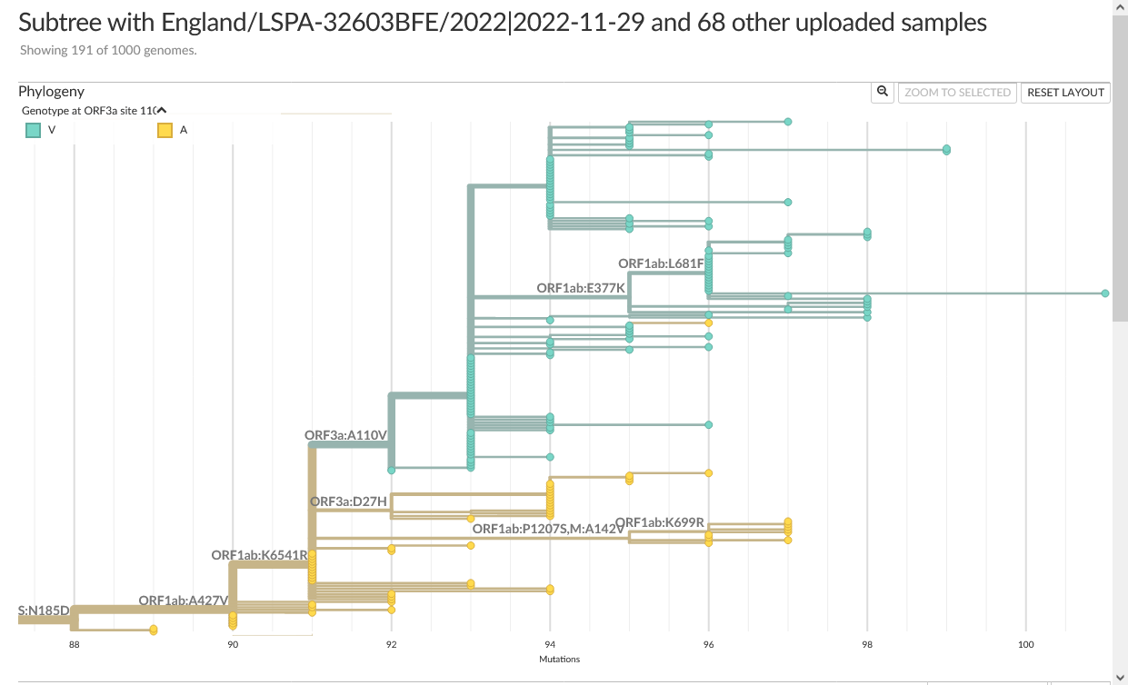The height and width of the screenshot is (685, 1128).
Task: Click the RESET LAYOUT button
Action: pos(1065,92)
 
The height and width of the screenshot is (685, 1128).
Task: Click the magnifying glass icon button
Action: pos(882,92)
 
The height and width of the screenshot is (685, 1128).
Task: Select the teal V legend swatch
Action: pos(33,130)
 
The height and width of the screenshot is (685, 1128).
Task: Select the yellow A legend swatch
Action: pos(165,130)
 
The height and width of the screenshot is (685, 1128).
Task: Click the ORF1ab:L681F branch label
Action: pos(661,263)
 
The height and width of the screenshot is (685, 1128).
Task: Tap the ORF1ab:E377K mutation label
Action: pos(581,288)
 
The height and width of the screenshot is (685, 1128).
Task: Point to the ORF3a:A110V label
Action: pos(346,435)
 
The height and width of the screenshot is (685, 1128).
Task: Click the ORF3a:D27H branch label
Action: pos(348,501)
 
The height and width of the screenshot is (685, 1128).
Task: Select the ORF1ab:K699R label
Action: pos(666,521)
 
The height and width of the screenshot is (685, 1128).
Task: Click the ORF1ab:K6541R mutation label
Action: pos(259,555)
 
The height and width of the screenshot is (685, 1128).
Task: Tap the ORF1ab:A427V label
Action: pos(183,601)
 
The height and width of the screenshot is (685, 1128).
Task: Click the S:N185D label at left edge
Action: pos(44,610)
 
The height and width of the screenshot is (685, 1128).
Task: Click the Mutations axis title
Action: pos(559,659)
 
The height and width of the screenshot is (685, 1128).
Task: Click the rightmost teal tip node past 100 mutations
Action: pos(1104,293)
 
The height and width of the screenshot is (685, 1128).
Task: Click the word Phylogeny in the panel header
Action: pos(52,91)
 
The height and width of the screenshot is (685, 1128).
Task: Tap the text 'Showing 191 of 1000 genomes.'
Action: pos(108,50)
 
